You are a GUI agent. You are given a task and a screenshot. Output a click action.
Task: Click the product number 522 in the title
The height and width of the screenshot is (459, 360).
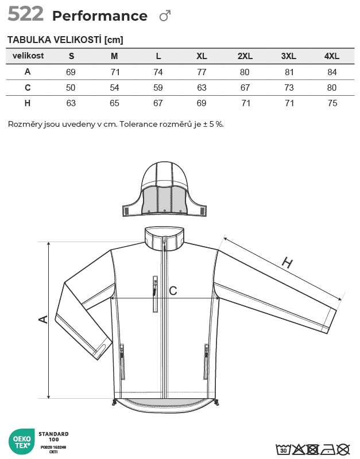coord(26,14)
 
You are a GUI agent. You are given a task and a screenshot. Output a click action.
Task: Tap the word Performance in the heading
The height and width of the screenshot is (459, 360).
coord(99,16)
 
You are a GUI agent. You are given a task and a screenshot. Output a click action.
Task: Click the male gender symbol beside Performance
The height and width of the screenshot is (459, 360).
coord(165,16)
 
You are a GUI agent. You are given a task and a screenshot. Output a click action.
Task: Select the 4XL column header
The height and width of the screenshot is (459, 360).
coord(332,56)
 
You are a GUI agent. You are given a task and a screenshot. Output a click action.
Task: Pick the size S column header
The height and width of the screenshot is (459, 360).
coord(71,56)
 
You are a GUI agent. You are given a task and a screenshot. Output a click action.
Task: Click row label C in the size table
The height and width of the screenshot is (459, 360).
coord(28,87)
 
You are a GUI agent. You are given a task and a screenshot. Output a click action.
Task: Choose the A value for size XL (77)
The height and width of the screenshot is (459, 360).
coord(202,72)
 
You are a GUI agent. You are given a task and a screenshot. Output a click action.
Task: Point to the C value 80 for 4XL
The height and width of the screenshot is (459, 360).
coord(332,88)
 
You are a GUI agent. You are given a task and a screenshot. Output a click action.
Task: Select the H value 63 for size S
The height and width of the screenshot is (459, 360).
coord(71,103)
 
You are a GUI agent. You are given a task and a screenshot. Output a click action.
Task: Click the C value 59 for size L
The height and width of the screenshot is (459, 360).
coord(158,88)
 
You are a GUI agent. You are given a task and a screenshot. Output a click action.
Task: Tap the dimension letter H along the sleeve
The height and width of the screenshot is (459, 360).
coord(287,263)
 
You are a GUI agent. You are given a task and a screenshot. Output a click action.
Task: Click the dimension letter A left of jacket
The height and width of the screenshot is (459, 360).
coord(42,319)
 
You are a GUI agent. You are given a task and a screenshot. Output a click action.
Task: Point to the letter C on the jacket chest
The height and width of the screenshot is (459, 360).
coord(173,291)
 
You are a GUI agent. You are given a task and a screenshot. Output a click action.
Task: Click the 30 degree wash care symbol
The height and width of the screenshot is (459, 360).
coord(283,449)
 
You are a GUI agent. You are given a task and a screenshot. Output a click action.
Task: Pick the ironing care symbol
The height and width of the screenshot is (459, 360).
coord(328,449)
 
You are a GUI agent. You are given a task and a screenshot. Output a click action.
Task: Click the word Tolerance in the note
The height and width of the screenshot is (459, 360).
coord(140,124)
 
